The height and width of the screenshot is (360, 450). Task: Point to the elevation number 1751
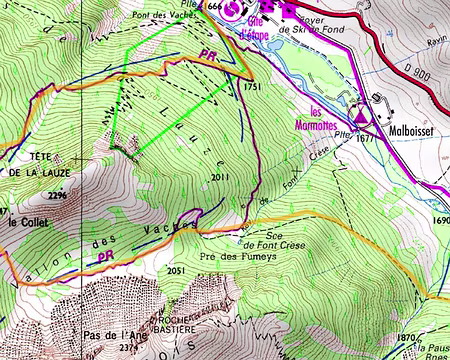click(x=251, y=87)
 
